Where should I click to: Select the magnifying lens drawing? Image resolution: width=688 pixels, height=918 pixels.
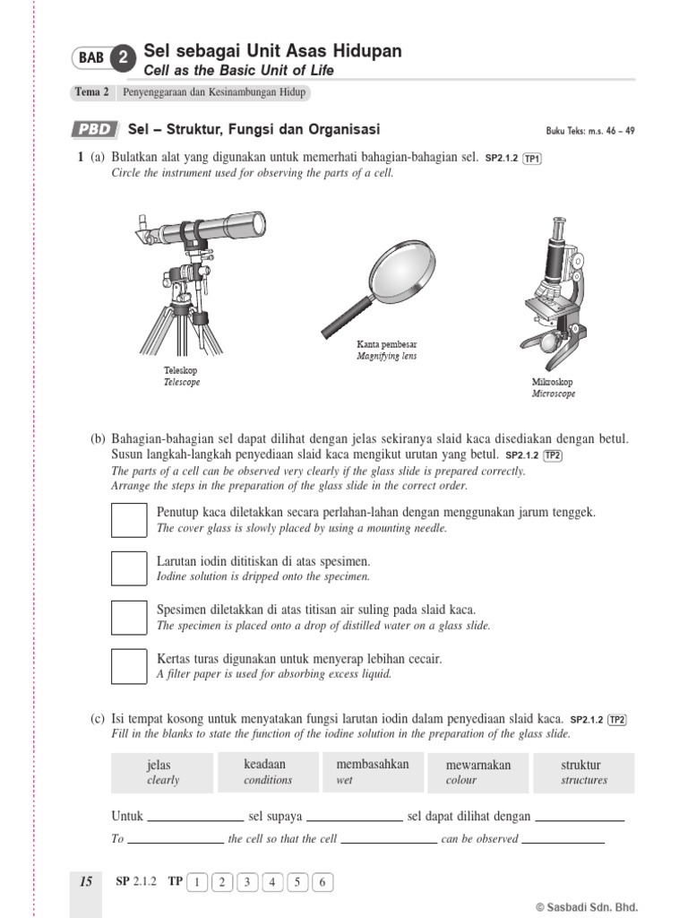[381, 287]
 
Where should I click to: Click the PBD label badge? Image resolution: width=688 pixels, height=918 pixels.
[94, 129]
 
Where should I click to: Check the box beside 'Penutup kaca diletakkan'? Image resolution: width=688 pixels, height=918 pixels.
[128, 520]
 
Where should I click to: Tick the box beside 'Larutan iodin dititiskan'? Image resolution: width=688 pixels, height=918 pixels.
[128, 568]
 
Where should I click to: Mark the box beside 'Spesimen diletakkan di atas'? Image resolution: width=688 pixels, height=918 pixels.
[128, 617]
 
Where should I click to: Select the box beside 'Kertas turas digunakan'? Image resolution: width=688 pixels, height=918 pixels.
[128, 665]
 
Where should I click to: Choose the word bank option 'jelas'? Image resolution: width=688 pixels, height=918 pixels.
[162, 773]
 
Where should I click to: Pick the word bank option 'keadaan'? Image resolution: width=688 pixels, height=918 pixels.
[267, 772]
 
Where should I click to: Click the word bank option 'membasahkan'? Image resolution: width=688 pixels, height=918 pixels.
[372, 772]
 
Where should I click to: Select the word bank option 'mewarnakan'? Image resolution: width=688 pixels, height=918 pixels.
[478, 773]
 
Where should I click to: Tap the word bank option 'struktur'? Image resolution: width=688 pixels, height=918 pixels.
[583, 773]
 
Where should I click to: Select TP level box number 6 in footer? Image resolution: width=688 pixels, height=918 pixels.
[322, 882]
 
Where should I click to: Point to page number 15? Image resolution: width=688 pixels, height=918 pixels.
[85, 882]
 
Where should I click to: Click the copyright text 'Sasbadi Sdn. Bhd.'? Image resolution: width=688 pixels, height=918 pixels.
[591, 906]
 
